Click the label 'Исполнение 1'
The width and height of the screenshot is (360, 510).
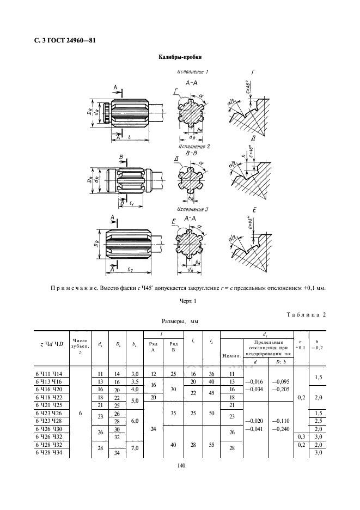[x=193, y=72]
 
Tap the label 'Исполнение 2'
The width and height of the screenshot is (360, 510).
[x=194, y=147]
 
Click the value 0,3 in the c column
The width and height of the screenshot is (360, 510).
[x=300, y=437]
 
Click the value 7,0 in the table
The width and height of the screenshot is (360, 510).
[x=135, y=448]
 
